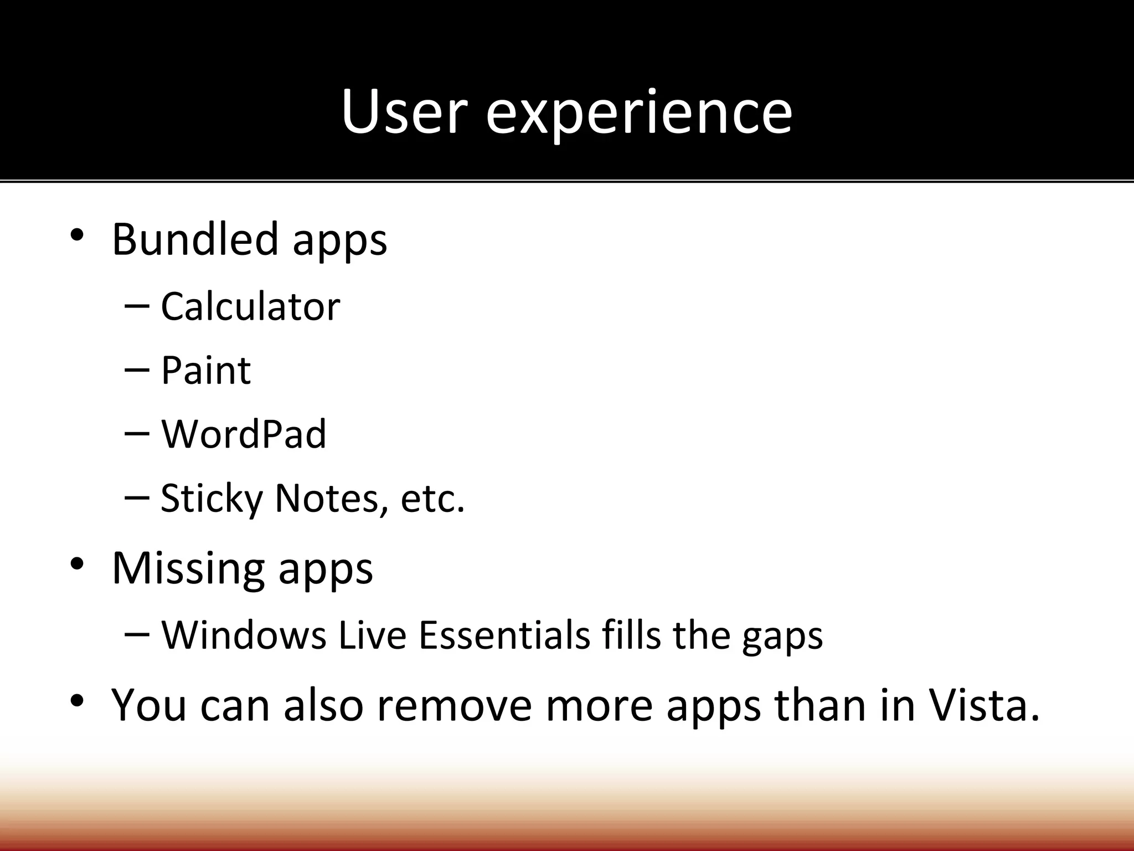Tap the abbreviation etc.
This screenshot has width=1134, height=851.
(432, 499)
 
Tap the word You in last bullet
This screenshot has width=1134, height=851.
(149, 705)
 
